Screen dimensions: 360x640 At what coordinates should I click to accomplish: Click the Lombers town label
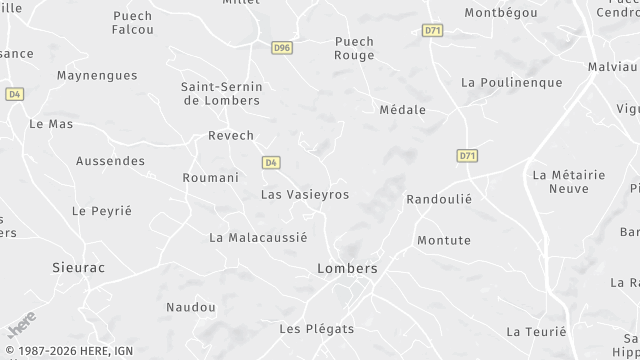click(x=347, y=269)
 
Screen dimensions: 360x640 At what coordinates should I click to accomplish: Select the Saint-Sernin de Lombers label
click(x=220, y=93)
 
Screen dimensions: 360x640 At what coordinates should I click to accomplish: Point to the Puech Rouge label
click(x=354, y=48)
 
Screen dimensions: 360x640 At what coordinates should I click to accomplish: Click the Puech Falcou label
click(x=132, y=23)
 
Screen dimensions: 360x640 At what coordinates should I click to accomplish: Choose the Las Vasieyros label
click(x=305, y=194)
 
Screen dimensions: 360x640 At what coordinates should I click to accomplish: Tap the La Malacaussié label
click(x=258, y=237)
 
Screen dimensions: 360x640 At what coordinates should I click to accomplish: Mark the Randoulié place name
click(x=438, y=199)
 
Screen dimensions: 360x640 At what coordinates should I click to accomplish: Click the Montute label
click(x=443, y=240)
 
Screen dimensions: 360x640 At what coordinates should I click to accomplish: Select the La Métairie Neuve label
click(x=569, y=181)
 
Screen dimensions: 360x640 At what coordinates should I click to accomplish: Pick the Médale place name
click(x=403, y=110)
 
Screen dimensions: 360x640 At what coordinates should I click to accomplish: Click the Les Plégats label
click(x=316, y=328)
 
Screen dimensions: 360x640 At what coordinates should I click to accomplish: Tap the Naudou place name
click(x=190, y=306)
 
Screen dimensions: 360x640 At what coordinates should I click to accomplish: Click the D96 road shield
click(x=281, y=46)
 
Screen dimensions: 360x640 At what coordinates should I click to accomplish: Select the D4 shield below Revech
click(x=271, y=162)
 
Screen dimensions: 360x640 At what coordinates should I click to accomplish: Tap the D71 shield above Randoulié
click(x=467, y=156)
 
